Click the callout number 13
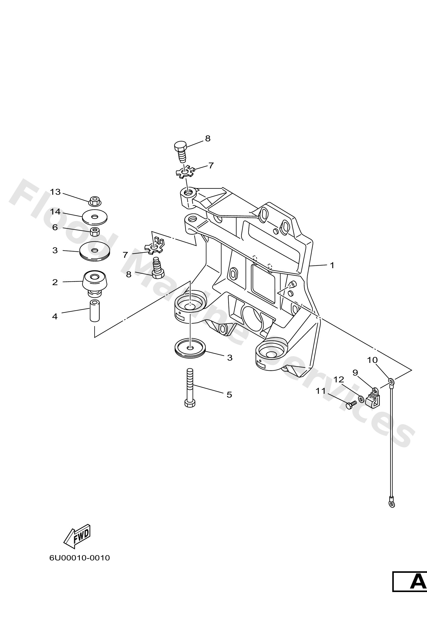55,192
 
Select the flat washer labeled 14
95,217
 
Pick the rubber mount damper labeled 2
95,282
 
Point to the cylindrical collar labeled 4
94,311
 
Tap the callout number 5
229,395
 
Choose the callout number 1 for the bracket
332,265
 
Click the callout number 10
372,360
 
